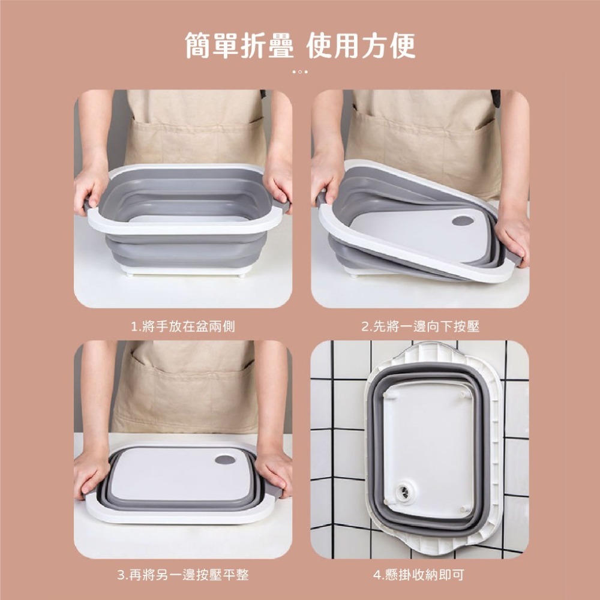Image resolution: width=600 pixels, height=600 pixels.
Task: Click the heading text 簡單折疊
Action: [239, 46]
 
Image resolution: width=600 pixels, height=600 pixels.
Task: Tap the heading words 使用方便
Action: [361, 46]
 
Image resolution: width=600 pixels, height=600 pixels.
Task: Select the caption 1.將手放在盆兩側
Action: [183, 326]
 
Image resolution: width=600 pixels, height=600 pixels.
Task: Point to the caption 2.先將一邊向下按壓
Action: [420, 326]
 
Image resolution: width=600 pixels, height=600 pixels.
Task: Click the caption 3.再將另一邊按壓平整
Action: [183, 574]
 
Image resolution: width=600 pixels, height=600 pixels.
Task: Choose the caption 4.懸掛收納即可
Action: [419, 574]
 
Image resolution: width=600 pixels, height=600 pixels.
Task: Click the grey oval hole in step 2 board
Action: [463, 220]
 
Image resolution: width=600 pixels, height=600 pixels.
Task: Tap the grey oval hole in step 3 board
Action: [225, 459]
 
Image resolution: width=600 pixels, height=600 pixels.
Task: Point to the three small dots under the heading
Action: [300, 71]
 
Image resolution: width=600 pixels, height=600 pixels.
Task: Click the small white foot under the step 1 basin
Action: [242, 275]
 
